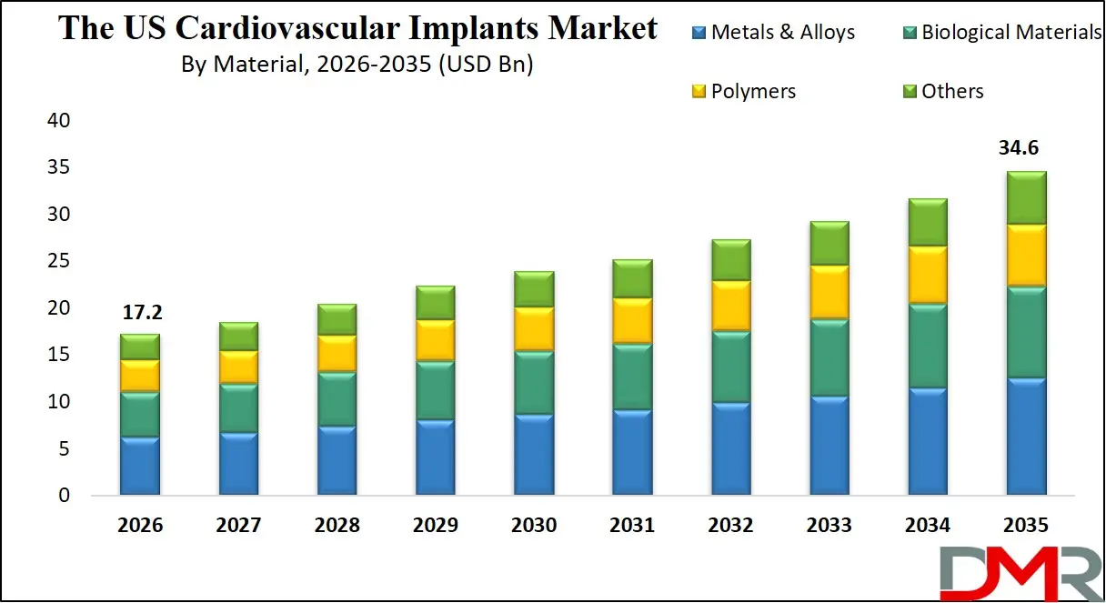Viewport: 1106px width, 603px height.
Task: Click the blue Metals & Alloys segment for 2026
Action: point(140,466)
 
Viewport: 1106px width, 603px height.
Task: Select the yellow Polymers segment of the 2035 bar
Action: point(1026,255)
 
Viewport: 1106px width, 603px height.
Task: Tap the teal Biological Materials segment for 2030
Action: point(534,382)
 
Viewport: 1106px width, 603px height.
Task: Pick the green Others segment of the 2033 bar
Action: point(829,243)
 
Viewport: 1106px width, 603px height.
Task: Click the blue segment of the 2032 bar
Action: point(730,448)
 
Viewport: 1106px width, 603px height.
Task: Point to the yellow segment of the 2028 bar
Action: point(337,353)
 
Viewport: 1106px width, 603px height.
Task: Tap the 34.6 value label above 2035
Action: point(1026,148)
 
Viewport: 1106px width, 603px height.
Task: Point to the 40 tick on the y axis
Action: point(57,121)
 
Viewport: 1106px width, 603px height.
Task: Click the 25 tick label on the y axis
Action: point(57,262)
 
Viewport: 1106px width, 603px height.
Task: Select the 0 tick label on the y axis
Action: point(63,496)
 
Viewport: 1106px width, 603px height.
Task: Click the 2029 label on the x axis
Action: point(435,526)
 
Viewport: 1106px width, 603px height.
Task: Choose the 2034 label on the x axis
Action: point(927,526)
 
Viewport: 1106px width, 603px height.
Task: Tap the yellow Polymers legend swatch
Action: point(699,91)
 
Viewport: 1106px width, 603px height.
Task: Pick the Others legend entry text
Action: point(951,91)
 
